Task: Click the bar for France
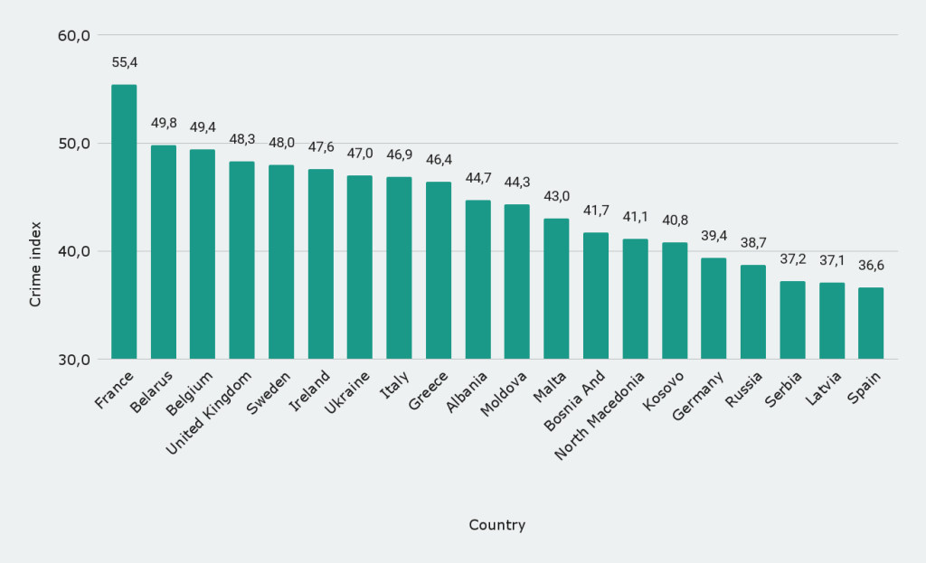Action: [x=124, y=221]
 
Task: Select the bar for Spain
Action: [x=871, y=323]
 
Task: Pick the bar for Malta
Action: [x=556, y=288]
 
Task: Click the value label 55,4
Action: [x=125, y=62]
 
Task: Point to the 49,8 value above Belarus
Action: [x=164, y=123]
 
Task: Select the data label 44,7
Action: [x=478, y=178]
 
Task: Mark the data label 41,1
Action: [x=636, y=217]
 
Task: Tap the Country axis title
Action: [x=496, y=525]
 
